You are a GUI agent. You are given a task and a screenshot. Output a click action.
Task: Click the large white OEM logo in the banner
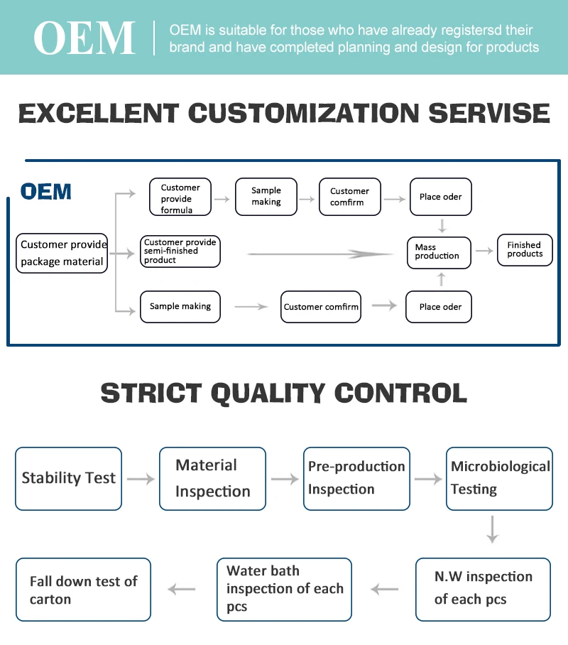coord(84,38)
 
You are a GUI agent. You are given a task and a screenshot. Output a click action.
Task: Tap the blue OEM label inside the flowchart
coord(46,192)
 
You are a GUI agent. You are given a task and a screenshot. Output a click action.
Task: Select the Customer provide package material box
coord(62,254)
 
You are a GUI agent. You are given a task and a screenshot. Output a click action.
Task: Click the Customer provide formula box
coord(180,197)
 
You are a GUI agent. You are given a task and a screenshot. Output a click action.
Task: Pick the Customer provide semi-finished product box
coord(180,251)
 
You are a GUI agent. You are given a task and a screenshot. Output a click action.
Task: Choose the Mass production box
coord(439,252)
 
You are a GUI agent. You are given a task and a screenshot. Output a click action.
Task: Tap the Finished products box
coord(525,250)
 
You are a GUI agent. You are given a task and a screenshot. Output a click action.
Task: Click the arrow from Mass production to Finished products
coord(484,251)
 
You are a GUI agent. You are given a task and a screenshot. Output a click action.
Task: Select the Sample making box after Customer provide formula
coord(266,197)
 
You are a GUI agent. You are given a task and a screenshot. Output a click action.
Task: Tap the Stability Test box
coord(68,478)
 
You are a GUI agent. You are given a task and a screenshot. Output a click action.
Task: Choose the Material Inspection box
coord(212,478)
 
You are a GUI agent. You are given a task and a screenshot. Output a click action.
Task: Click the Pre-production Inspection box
coord(356,478)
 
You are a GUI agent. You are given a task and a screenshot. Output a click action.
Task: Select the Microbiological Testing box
coord(499,478)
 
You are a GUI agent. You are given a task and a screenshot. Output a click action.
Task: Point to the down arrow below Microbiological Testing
coord(492,530)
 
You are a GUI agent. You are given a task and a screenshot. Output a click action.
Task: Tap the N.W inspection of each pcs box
coord(483,588)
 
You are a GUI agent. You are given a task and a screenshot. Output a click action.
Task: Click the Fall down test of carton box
coord(83,590)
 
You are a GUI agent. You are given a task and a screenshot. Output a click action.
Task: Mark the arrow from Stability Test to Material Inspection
coord(141,479)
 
